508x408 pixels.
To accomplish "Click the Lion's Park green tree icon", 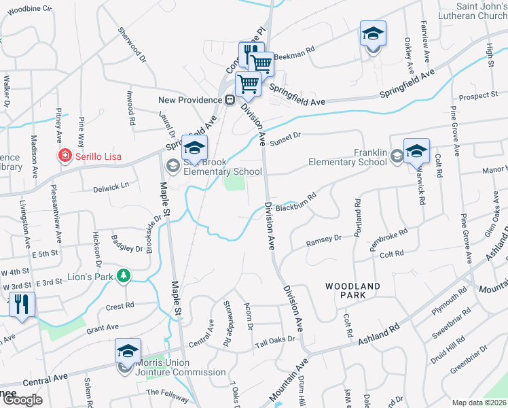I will tap(123, 275).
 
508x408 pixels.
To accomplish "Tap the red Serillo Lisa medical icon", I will tap(65, 156).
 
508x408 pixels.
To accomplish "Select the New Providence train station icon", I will tap(230, 100).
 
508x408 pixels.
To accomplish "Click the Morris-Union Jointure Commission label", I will tap(181, 367).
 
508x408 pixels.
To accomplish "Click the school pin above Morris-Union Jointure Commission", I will tap(128, 351).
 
